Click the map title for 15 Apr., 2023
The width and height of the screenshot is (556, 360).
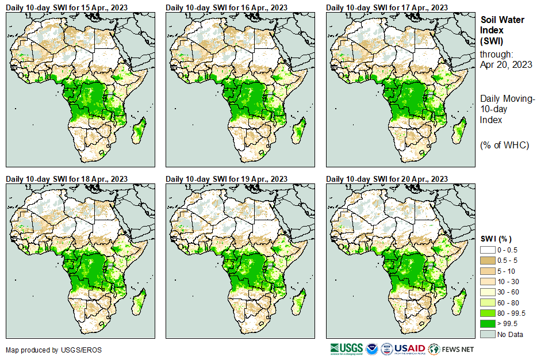tap(67, 7)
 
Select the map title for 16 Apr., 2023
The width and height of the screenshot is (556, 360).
tap(227, 7)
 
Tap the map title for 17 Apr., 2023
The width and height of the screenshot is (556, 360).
tap(387, 7)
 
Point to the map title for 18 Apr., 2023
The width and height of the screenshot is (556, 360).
tap(67, 179)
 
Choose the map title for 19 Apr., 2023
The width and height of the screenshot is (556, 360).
tap(227, 179)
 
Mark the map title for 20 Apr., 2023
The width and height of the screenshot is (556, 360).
tap(387, 179)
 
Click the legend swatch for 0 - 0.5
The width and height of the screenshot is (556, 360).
tap(488, 250)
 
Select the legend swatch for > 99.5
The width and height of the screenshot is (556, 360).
tap(488, 324)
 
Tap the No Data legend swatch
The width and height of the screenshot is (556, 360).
tap(488, 334)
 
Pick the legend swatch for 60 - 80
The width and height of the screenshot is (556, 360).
tap(488, 302)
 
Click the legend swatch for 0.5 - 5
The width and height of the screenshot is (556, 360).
tap(488, 260)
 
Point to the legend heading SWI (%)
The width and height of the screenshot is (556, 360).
tap(496, 239)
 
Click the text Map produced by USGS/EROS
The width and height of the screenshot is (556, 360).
tap(53, 350)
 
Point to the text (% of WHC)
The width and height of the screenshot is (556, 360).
tap(504, 145)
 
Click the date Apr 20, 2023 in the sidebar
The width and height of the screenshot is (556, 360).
tap(506, 64)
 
